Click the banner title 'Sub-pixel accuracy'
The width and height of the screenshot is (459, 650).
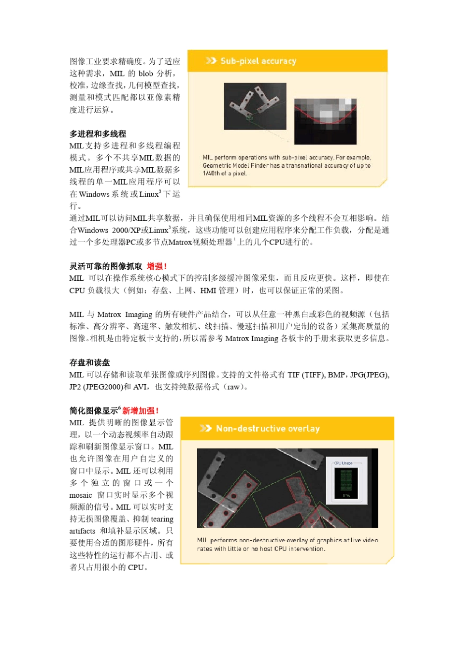258,61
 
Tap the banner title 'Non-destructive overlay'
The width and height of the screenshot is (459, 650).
268,429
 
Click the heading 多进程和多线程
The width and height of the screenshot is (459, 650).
98,134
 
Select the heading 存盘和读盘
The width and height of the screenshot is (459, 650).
89,362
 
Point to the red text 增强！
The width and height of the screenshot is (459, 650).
157,266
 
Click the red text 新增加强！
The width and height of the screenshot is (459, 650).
141,411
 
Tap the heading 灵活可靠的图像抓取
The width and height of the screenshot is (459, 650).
106,266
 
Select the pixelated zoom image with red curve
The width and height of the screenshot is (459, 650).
325,121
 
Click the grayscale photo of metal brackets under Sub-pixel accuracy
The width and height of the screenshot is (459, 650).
255,106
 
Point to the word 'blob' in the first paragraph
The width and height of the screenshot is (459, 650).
145,73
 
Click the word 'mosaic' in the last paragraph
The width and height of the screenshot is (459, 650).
81,495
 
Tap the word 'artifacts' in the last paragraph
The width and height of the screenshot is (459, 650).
82,531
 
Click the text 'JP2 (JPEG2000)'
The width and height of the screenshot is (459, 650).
95,387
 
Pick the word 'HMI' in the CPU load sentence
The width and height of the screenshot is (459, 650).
208,290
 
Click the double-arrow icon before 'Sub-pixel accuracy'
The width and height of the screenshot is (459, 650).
211,61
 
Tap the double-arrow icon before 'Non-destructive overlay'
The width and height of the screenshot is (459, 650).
205,429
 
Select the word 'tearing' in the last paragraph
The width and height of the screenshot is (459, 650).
162,519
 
